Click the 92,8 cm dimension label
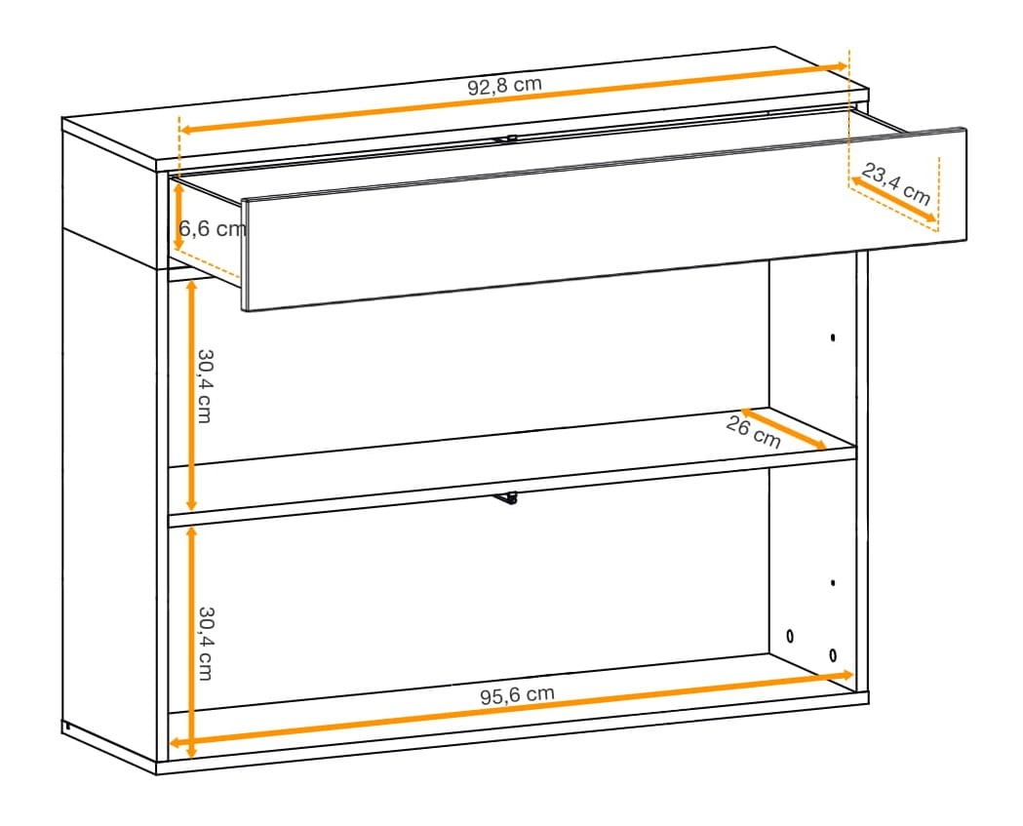504,86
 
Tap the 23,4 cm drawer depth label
896,184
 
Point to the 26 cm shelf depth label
753,433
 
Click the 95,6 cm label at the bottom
518,695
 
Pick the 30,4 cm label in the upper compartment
205,386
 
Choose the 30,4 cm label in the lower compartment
206,644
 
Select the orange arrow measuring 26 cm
783,429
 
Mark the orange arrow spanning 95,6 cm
512,709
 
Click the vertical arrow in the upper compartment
191,395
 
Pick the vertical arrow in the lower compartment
191,642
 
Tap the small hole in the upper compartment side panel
833,337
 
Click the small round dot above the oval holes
833,582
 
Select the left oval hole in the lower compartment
791,635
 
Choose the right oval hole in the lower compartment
833,654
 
